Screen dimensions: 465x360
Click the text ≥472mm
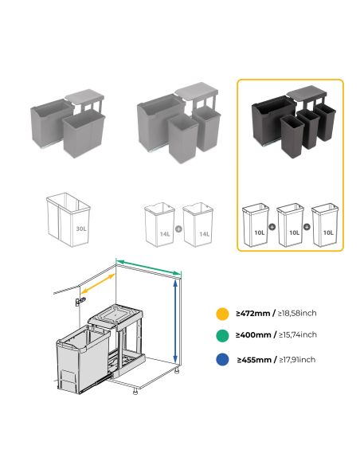click(x=252, y=313)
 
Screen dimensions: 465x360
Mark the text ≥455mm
click(x=254, y=360)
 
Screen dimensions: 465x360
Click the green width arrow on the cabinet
click(x=148, y=267)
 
